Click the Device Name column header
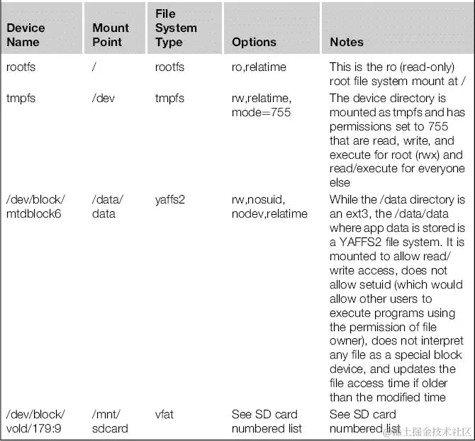click(x=26, y=35)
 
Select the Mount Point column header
click(x=111, y=35)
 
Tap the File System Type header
click(x=176, y=28)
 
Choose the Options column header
click(x=254, y=42)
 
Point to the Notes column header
click(x=347, y=42)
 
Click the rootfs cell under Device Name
click(x=21, y=67)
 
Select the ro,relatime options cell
click(x=259, y=67)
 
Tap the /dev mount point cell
click(x=104, y=98)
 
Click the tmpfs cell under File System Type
click(x=169, y=98)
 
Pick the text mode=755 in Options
click(x=261, y=112)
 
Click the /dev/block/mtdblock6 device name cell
click(x=35, y=206)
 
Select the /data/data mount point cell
click(x=107, y=206)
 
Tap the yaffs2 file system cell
click(x=170, y=199)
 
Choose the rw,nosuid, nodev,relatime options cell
click(x=269, y=206)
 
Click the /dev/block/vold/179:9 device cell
click(x=35, y=421)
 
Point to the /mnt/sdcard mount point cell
click(x=110, y=421)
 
